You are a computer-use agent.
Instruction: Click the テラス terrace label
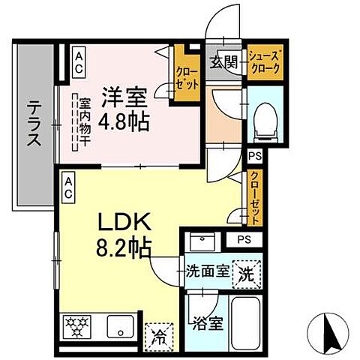point(32,125)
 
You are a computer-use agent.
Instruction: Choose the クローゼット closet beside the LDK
point(256,198)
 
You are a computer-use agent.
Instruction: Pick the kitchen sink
point(119,327)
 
